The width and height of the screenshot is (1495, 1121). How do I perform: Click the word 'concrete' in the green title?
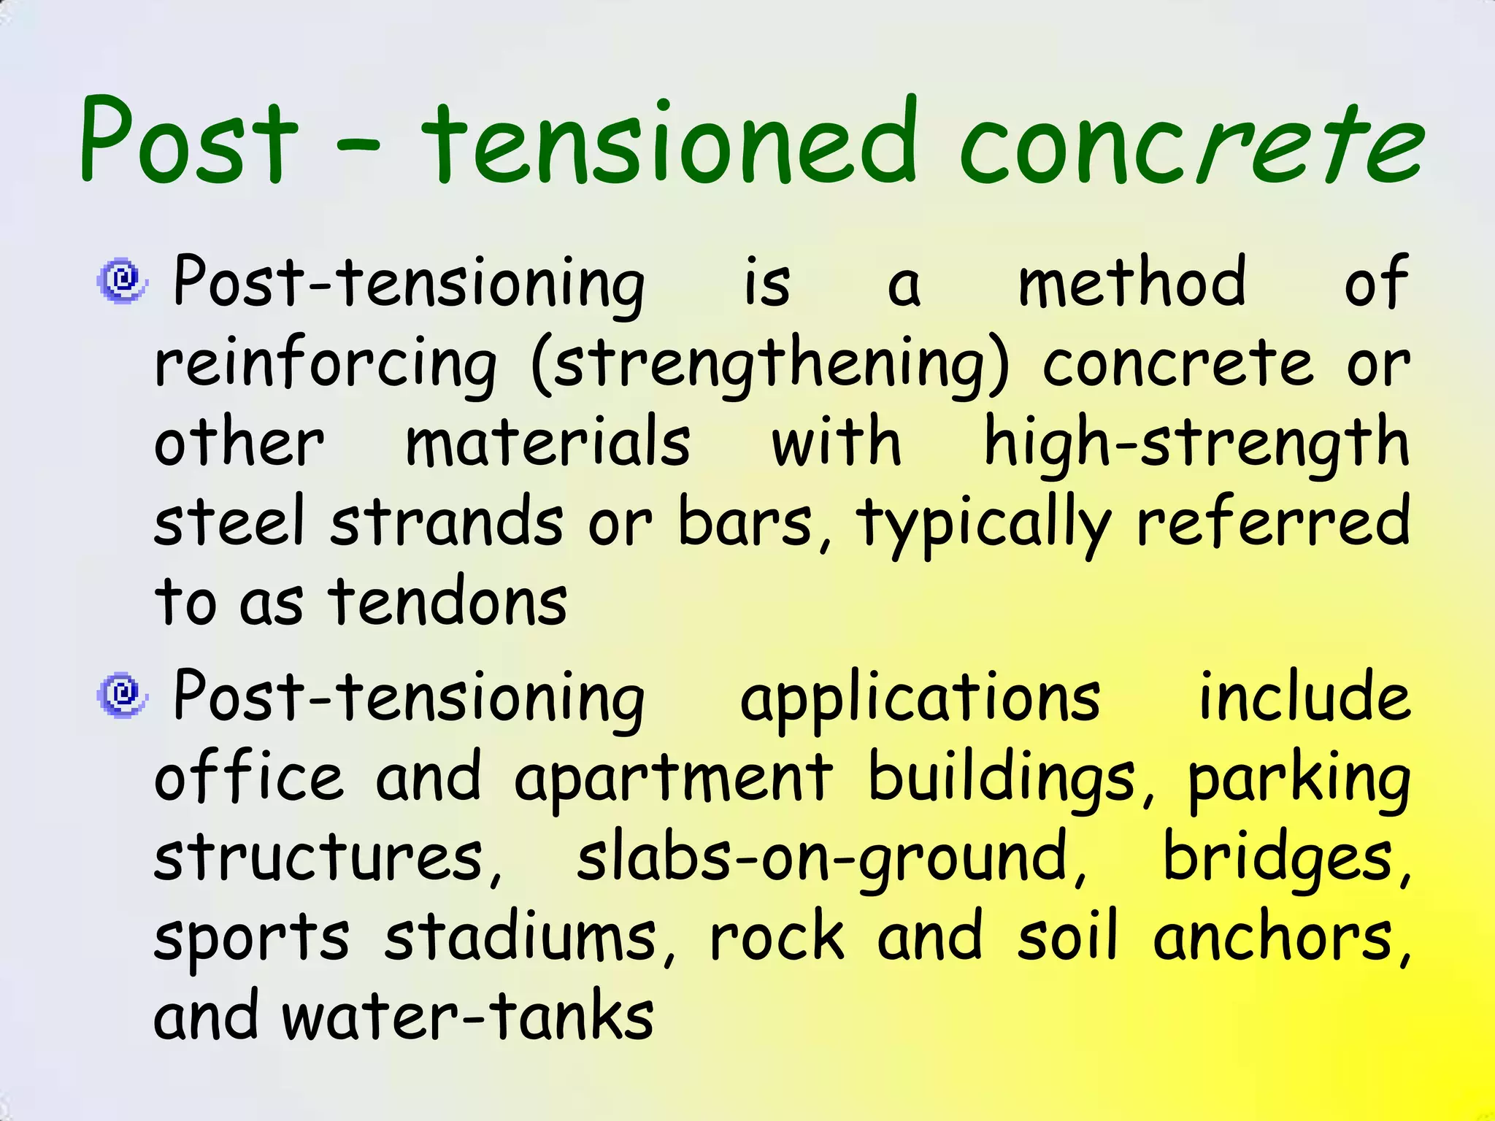1190,142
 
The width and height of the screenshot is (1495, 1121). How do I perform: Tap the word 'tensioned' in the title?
668,142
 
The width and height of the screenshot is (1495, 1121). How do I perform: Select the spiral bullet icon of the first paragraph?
122,280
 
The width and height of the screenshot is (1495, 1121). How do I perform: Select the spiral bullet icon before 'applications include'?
122,695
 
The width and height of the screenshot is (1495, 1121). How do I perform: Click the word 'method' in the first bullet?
1131,283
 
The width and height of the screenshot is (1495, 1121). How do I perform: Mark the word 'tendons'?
447,603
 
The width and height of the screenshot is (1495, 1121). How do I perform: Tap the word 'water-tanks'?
467,1018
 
